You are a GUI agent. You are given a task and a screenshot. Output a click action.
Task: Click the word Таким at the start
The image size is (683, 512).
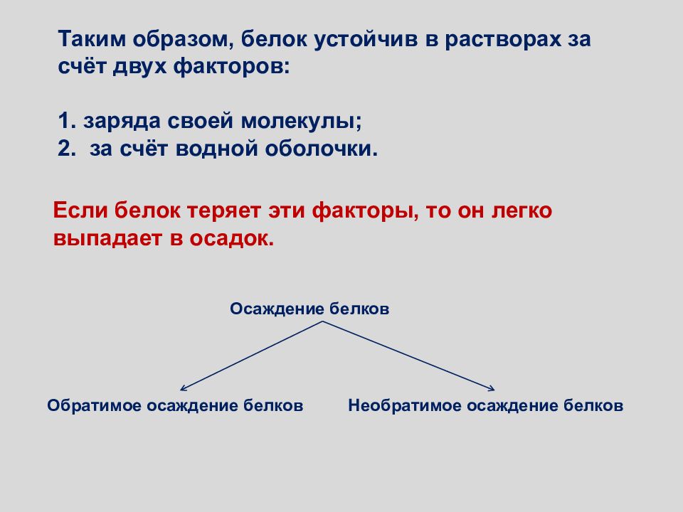(92, 38)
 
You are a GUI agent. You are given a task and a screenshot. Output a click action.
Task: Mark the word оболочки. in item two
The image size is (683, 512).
(322, 149)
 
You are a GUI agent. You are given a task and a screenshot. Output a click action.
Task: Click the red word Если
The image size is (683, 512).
(80, 210)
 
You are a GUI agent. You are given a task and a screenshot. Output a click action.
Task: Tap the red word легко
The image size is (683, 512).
(521, 210)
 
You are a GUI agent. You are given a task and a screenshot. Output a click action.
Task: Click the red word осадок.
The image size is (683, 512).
(232, 238)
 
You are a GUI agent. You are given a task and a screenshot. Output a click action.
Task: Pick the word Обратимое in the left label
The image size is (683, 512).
(94, 405)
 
